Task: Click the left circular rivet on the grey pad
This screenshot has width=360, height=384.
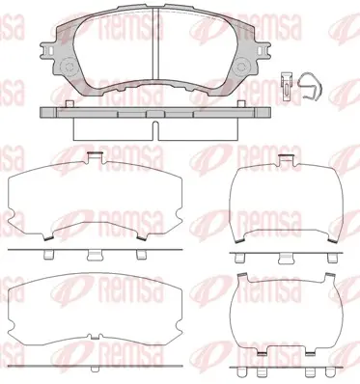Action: (69, 68)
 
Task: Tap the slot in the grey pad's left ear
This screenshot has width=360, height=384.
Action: (49, 50)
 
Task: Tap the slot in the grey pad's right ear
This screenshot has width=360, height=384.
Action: (261, 50)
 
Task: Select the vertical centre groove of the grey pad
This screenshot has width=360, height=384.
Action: (155, 43)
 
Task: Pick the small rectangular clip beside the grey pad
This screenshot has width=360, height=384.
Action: (286, 86)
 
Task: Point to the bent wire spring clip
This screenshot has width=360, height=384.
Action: (310, 85)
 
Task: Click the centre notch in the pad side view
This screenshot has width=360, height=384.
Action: (155, 130)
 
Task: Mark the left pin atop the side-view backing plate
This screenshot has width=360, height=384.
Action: (69, 103)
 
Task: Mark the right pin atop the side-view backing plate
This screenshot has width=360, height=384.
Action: (241, 103)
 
